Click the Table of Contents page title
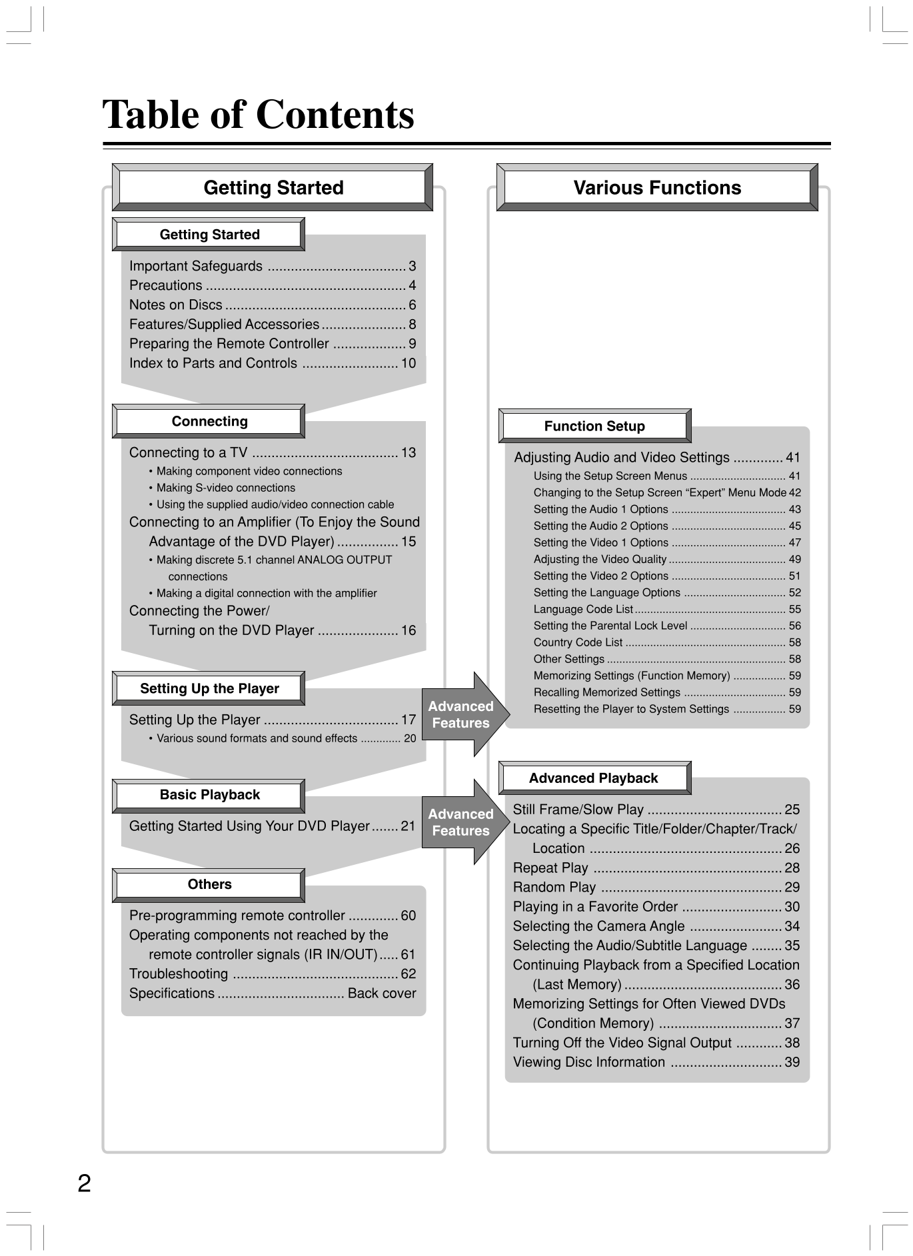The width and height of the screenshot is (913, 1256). (258, 115)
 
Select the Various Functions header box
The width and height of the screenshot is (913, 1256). (657, 188)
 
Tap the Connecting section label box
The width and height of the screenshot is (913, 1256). (209, 421)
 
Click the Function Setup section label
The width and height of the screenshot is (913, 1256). (594, 426)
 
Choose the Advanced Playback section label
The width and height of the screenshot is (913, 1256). (593, 778)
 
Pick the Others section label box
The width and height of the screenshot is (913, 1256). (209, 884)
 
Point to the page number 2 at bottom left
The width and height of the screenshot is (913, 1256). (84, 1184)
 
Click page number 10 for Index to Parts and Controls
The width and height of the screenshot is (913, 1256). (408, 363)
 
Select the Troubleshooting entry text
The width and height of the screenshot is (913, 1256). (179, 974)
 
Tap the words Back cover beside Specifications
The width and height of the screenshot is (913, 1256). (381, 993)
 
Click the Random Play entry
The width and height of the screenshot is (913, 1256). (554, 888)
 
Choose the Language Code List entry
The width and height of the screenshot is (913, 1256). (583, 609)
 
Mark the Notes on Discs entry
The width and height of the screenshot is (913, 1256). (176, 305)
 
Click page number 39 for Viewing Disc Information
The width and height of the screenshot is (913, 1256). (792, 1062)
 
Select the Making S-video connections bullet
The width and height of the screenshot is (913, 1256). (225, 488)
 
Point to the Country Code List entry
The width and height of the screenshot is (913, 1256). (578, 642)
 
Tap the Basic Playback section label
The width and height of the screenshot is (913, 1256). (209, 795)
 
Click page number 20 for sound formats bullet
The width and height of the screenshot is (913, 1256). (410, 738)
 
